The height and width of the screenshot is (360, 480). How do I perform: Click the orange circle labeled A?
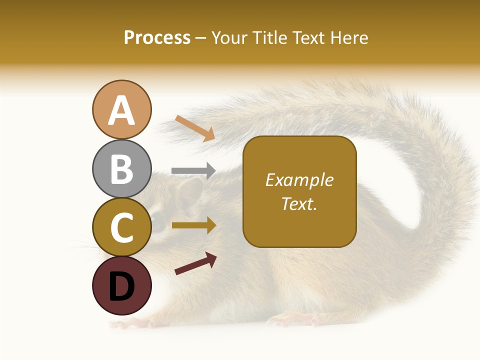click(x=121, y=109)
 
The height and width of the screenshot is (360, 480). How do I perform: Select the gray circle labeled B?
click(x=121, y=168)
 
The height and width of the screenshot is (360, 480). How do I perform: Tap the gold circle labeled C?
click(x=121, y=227)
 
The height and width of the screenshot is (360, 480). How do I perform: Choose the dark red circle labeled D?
click(x=121, y=285)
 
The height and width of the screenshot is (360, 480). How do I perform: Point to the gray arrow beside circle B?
click(x=193, y=170)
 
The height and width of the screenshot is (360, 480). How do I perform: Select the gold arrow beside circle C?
click(x=194, y=225)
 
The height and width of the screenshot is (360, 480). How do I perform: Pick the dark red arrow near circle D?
click(x=195, y=263)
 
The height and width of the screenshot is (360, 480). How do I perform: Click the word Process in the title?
click(x=157, y=38)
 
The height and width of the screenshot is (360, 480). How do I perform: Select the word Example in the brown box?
click(x=299, y=180)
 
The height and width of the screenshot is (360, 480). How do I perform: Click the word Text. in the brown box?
click(x=299, y=203)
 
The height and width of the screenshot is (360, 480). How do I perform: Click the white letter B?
click(x=121, y=168)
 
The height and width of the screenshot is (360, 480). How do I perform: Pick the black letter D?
click(x=121, y=286)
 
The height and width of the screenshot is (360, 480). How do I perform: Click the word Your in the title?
click(x=229, y=38)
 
